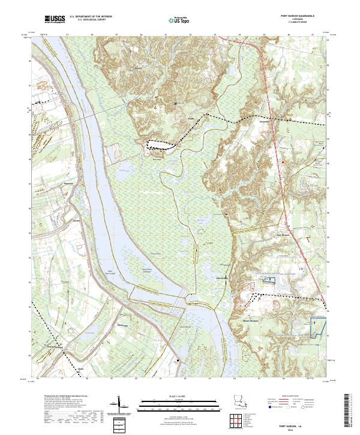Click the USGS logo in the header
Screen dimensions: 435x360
(55, 19)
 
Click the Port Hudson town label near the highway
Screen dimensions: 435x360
(282, 235)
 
